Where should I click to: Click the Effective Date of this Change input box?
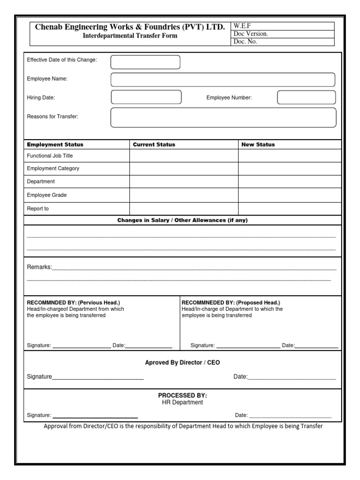(x=145, y=62)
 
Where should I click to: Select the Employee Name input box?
(x=223, y=80)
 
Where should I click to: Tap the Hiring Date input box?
(x=146, y=97)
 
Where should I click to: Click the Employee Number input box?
(x=306, y=97)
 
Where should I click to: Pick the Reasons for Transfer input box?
(x=223, y=117)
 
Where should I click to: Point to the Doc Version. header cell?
(x=251, y=34)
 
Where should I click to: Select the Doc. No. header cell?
(x=245, y=42)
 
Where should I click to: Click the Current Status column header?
(x=154, y=144)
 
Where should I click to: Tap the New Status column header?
(x=258, y=144)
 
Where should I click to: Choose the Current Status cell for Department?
(x=184, y=181)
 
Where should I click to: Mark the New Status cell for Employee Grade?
(x=290, y=195)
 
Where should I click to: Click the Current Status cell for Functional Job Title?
(x=184, y=156)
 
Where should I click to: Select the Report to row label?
(x=38, y=209)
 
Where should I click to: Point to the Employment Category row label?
(x=53, y=168)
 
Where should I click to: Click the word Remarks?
(x=39, y=267)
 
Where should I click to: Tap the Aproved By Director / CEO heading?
(x=182, y=363)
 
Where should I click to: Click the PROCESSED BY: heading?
(x=182, y=396)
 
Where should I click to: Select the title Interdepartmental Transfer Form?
(x=130, y=36)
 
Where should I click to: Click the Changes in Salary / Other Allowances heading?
(x=182, y=220)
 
